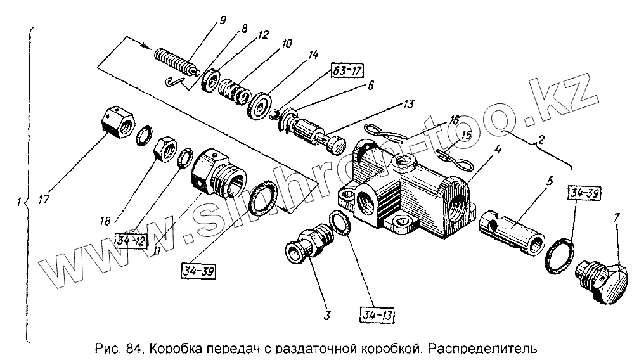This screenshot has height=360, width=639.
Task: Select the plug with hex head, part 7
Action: [603, 280]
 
